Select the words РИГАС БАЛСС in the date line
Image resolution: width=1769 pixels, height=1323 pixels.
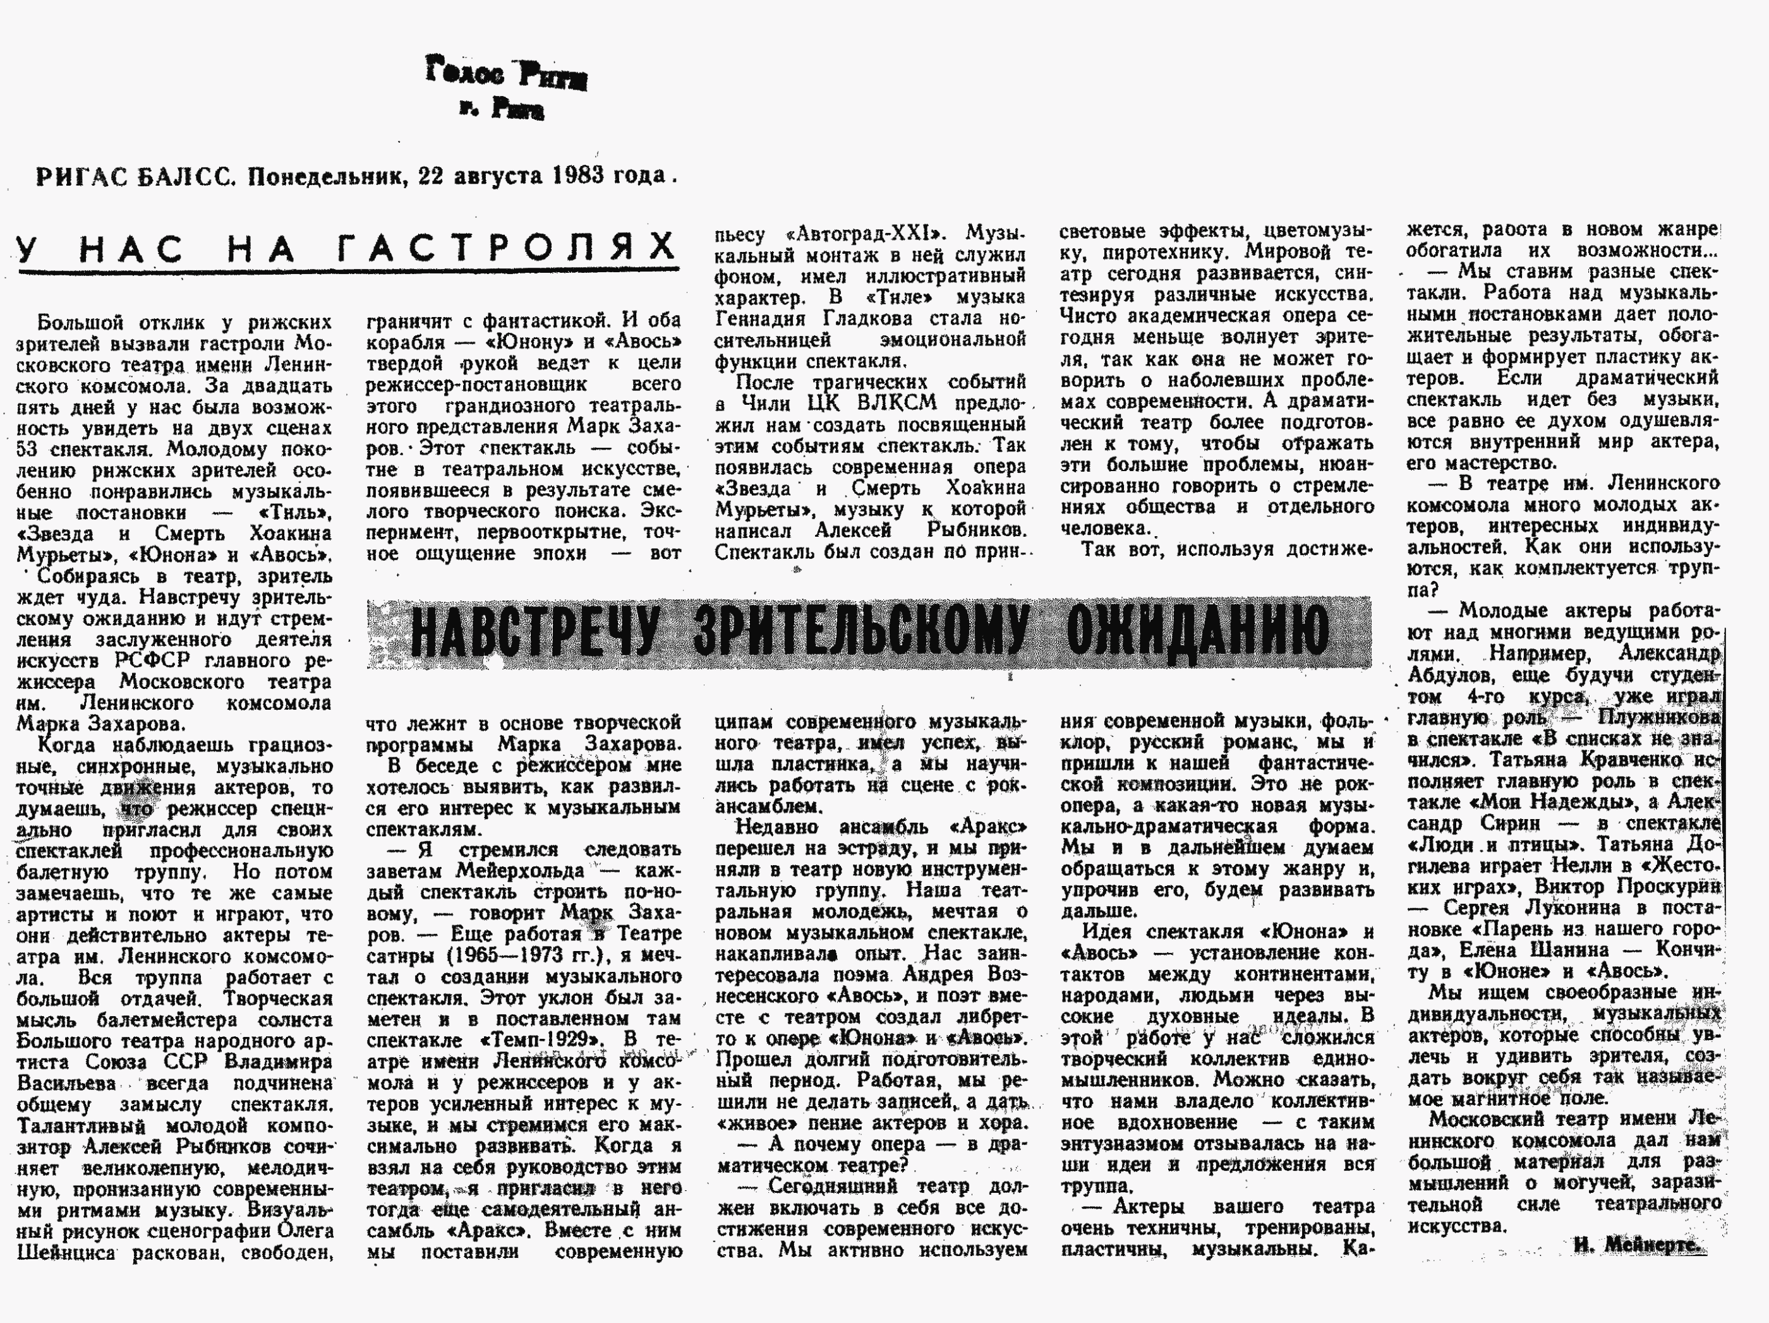[135, 177]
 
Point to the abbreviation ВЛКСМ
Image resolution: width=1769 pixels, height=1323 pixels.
[890, 403]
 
